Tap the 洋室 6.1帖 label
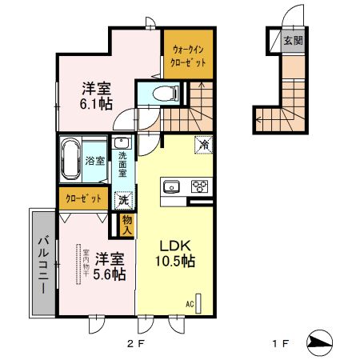coord(94,96)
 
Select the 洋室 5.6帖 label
coord(107,266)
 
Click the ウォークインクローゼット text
coord(190,54)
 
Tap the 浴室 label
coord(95,160)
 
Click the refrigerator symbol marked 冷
coord(203,145)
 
